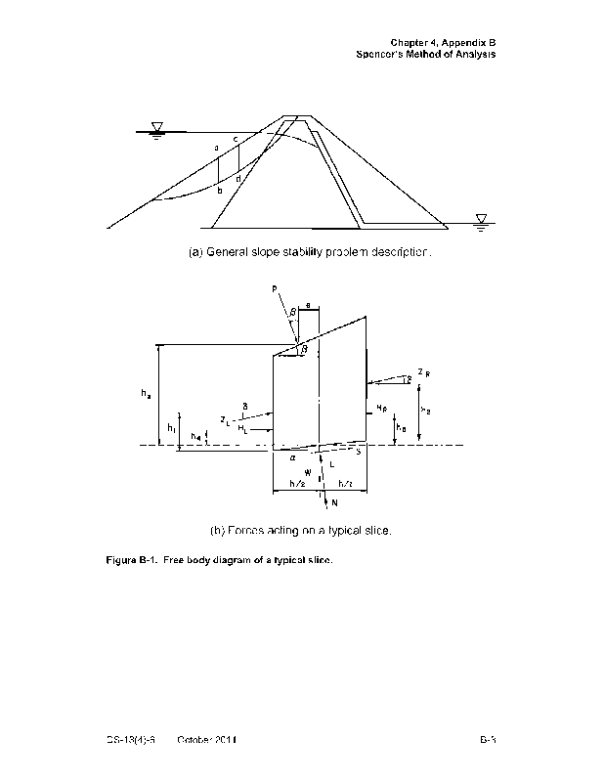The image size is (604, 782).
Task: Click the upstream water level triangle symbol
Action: coord(156,128)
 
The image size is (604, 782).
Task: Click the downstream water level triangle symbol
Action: coord(481,218)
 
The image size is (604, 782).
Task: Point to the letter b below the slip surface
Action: coord(220,191)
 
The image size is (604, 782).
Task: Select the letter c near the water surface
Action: coord(236,140)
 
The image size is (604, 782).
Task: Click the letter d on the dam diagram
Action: coord(238,179)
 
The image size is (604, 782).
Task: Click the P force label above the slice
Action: coord(276,289)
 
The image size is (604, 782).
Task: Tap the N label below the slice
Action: coord(335,503)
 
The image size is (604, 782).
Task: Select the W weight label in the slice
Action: coord(308,471)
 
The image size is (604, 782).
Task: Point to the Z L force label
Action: coord(227,421)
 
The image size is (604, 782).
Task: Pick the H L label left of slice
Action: coord(241,428)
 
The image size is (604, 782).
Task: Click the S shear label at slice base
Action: coord(358,452)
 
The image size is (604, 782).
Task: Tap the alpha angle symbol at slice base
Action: coord(292,456)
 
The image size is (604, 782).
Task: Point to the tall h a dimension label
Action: coord(146,395)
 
